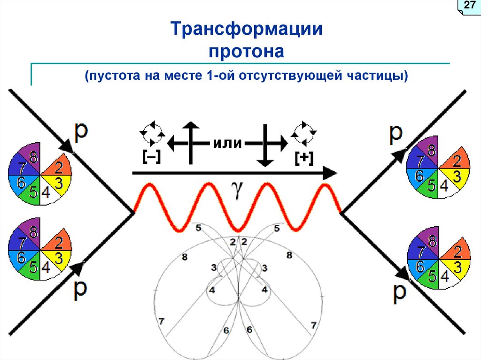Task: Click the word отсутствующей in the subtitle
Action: click(x=284, y=76)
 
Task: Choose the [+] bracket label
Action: click(x=304, y=158)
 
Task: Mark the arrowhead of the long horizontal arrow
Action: click(x=331, y=173)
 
